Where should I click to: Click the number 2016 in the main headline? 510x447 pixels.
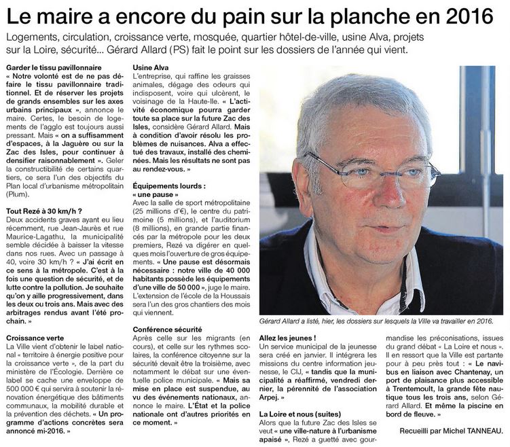(471, 15)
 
